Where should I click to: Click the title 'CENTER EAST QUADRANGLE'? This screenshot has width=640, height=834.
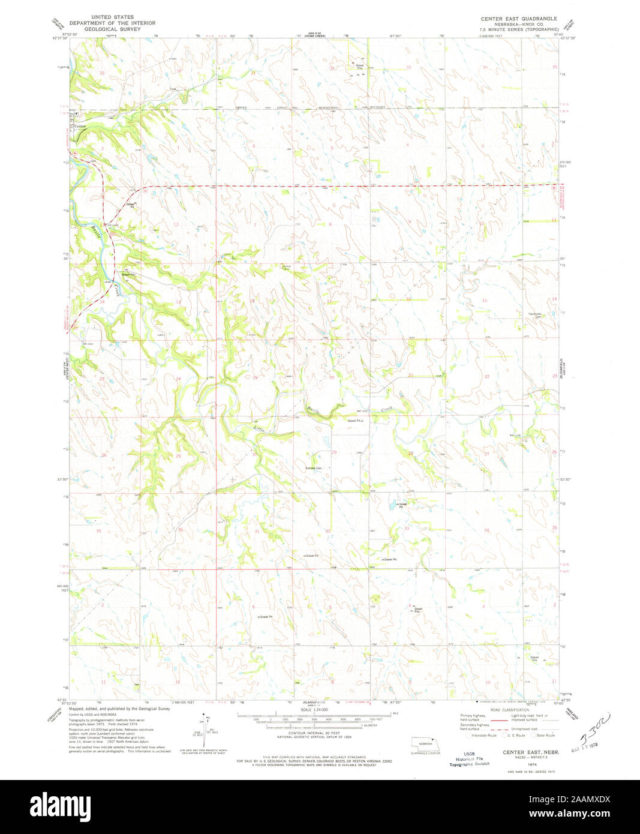519,19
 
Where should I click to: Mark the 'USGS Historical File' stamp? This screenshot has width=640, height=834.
469,759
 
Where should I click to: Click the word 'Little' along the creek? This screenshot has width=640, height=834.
259,429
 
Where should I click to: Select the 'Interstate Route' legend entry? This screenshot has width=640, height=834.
483,734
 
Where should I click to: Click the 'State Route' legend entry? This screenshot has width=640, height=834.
545,734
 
